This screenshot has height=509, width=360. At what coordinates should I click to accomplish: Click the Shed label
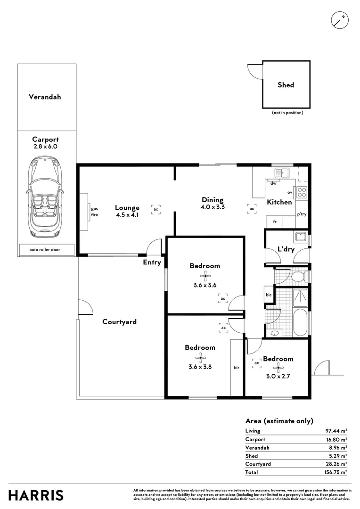(x=286, y=85)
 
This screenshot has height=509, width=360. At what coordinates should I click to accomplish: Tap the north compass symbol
(x=339, y=19)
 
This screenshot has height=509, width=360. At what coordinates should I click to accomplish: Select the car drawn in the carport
(x=44, y=198)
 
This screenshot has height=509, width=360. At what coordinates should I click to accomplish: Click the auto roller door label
(x=46, y=250)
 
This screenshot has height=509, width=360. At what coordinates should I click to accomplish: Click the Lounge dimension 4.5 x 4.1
(x=127, y=215)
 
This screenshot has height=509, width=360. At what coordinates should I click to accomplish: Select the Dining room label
(x=213, y=200)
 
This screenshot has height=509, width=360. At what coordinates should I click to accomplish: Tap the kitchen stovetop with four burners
(x=302, y=192)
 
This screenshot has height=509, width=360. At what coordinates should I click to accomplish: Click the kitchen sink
(x=282, y=173)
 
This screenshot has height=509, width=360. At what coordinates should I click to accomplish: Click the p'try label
(x=302, y=214)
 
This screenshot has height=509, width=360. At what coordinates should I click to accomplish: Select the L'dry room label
(x=286, y=249)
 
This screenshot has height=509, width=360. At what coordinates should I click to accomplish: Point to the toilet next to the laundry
(x=297, y=275)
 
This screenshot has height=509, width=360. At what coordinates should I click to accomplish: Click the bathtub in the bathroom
(x=300, y=323)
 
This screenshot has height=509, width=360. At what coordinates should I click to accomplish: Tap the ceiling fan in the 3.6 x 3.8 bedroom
(x=200, y=358)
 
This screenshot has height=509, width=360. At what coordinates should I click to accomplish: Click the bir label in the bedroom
(x=236, y=367)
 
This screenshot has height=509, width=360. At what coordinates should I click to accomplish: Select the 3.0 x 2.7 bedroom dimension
(x=278, y=369)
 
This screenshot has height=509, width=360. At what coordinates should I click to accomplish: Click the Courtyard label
(x=120, y=322)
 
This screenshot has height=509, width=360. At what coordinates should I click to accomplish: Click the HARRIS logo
(x=36, y=495)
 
